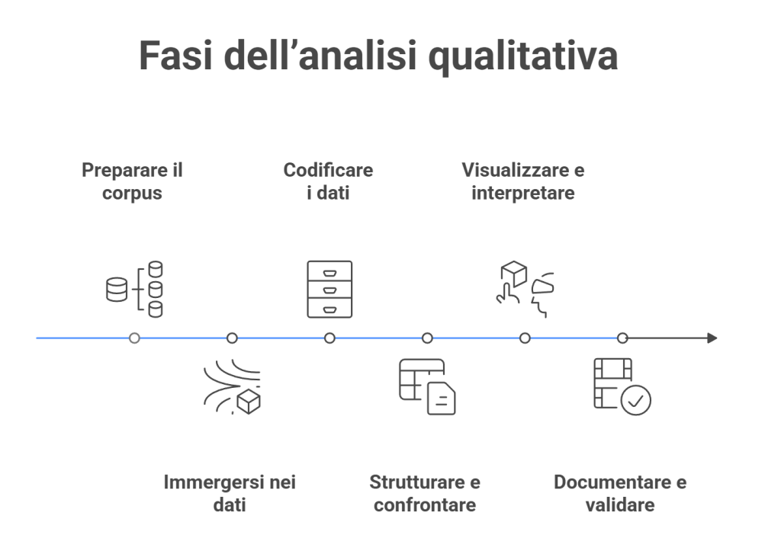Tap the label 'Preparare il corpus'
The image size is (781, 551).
133,181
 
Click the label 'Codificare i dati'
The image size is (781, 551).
328,181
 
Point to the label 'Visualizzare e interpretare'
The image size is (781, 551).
523,181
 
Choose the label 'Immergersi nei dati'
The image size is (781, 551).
230,494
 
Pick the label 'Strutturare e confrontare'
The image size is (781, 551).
425,494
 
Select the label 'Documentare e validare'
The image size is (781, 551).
620,494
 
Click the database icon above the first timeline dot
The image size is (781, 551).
135,289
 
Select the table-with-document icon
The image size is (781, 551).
427,386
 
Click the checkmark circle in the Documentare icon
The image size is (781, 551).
635,399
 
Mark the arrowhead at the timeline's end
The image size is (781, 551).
712,338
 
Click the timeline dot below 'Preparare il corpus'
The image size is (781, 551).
135,338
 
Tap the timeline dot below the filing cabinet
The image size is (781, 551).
329,338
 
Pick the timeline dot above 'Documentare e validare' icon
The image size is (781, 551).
622,338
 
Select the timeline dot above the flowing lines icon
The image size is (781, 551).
232,338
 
